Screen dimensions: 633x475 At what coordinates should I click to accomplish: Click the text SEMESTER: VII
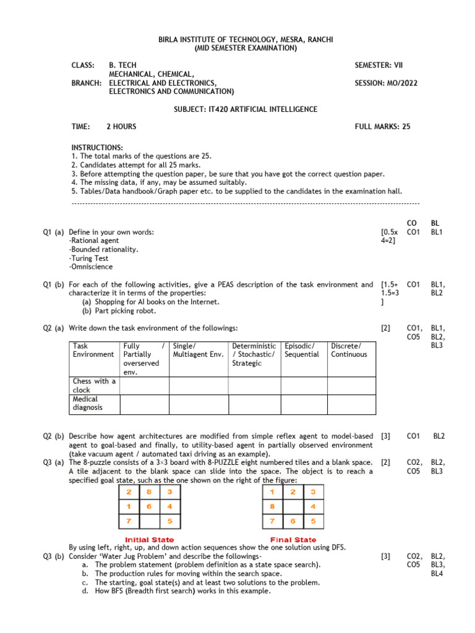coord(379,65)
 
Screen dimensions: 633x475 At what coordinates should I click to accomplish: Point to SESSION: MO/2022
coord(386,83)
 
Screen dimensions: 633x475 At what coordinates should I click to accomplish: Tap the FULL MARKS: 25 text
coord(382,127)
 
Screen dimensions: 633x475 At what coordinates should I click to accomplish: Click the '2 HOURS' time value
coord(121,127)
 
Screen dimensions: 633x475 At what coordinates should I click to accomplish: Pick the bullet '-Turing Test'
coord(88,258)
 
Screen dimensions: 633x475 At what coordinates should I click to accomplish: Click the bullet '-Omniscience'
coord(91,267)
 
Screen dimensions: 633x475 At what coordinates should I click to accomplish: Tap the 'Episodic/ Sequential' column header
coord(302,350)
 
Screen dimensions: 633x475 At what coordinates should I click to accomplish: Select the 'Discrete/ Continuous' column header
coord(349,350)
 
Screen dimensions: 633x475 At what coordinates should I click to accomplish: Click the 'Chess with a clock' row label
coord(94,386)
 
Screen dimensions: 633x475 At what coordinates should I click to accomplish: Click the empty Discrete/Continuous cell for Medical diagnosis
coord(351,404)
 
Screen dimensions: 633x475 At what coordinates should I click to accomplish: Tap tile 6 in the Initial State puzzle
coord(149,506)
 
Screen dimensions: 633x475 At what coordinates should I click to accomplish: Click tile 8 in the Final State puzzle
coord(272,506)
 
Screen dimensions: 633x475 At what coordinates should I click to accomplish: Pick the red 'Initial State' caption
coord(149,540)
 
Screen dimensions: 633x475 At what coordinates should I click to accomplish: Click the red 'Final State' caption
coord(293,540)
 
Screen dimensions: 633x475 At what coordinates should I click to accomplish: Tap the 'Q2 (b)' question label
coord(53,436)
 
